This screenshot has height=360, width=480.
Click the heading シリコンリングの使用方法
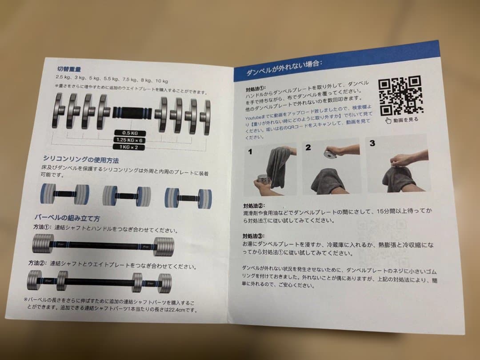pyautogui.click(x=80, y=159)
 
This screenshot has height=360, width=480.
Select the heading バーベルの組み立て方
pyautogui.click(x=67, y=217)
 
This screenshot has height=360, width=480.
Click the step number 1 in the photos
pyautogui.click(x=250, y=152)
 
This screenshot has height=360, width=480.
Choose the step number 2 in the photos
pyautogui.click(x=308, y=148)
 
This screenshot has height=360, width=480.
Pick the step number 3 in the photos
pyautogui.click(x=372, y=143)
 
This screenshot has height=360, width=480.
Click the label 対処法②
pyautogui.click(x=254, y=206)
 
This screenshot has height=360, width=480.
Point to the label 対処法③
pyautogui.click(x=253, y=236)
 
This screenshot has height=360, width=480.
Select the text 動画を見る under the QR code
pyautogui.click(x=405, y=119)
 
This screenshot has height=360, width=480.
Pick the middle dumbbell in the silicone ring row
pyautogui.click(x=127, y=196)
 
